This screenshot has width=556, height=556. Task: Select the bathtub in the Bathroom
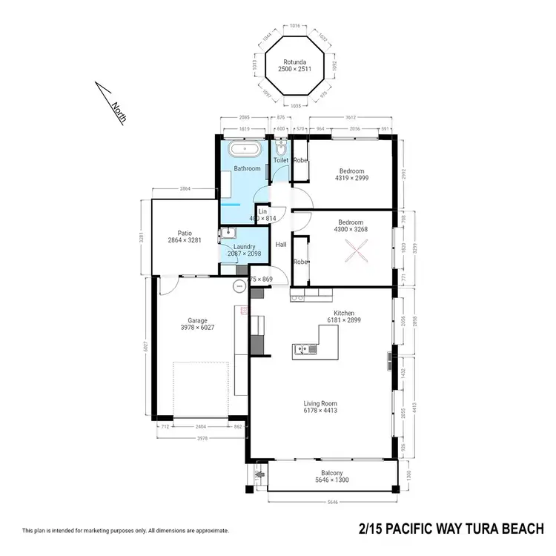tap(244, 149)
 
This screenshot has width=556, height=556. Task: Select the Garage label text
tap(197, 320)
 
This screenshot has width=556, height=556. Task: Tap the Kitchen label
tap(345, 313)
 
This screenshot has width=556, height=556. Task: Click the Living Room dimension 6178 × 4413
tap(321, 410)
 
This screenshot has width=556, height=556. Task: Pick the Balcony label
tap(332, 473)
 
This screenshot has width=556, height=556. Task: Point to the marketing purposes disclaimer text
tap(125, 531)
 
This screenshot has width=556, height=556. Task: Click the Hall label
tap(281, 245)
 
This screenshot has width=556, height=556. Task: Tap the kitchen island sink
tap(301, 348)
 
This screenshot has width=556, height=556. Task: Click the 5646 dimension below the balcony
tap(332, 503)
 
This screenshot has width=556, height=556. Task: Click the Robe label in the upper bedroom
tap(300, 160)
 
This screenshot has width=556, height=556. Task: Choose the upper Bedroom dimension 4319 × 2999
tap(351, 178)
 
